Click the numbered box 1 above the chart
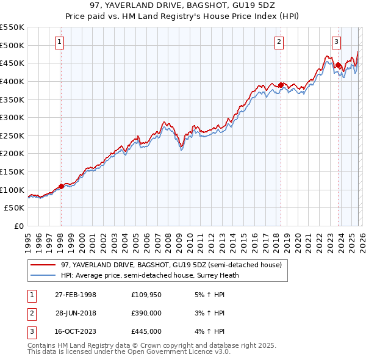click(60, 42)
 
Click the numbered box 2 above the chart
click(279, 42)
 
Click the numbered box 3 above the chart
click(336, 42)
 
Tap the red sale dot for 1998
click(61, 186)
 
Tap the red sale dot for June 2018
click(281, 85)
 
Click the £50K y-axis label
click(15, 208)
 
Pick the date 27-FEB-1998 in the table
click(76, 295)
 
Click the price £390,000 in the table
click(146, 313)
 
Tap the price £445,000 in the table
click(146, 331)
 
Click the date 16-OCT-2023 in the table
click(76, 331)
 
